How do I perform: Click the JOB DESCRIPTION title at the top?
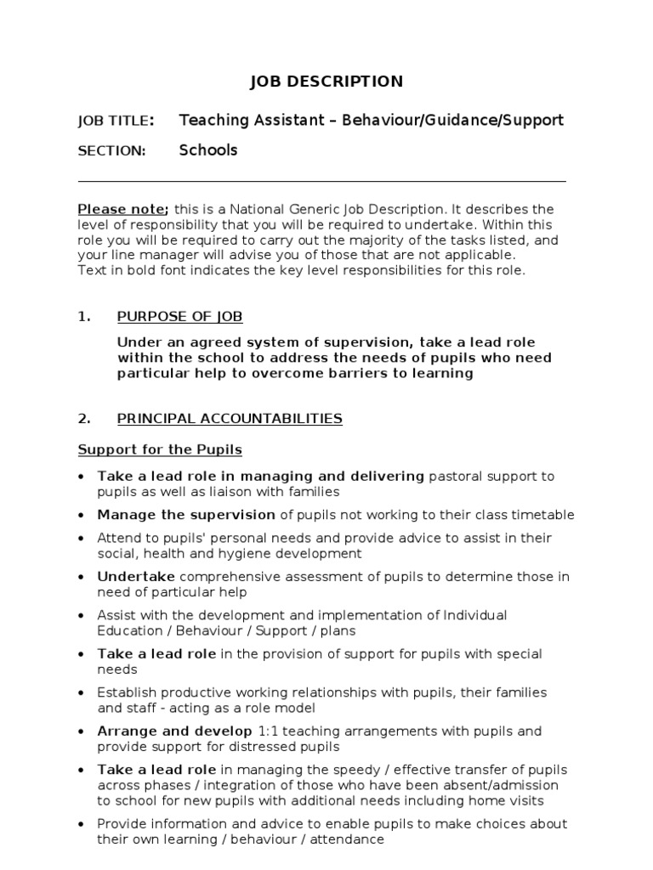[x=326, y=82]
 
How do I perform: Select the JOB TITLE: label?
[x=116, y=121]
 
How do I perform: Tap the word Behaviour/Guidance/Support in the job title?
[x=453, y=120]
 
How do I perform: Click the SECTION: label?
[x=111, y=151]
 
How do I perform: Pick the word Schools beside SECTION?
[x=208, y=150]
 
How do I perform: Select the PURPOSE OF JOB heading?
[x=179, y=317]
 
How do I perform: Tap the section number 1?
[x=83, y=317]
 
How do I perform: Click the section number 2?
[x=83, y=418]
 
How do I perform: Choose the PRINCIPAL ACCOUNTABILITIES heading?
[x=230, y=418]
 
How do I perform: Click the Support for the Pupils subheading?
[x=160, y=449]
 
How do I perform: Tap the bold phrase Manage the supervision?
[x=186, y=515]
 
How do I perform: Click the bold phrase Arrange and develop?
[x=174, y=732]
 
